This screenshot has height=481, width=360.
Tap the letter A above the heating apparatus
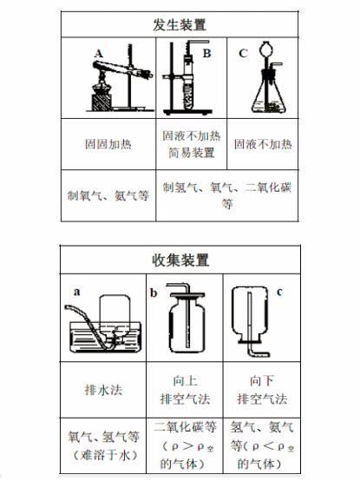point(98,54)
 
